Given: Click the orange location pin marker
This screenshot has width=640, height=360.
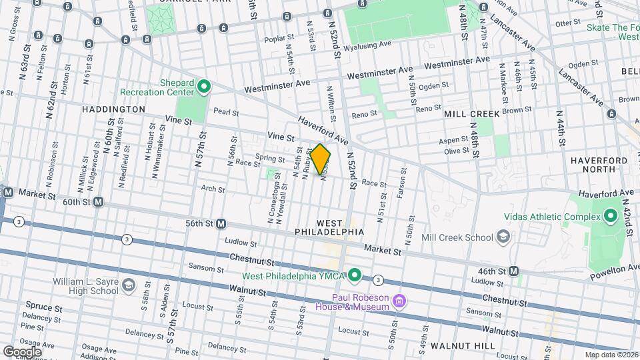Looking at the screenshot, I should click(x=321, y=159).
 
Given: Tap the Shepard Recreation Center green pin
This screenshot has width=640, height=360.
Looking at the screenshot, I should click(x=205, y=86).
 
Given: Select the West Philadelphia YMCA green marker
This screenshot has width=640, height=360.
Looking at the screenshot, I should click(x=355, y=274).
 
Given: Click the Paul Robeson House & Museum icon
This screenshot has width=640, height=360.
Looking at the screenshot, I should click(x=399, y=301).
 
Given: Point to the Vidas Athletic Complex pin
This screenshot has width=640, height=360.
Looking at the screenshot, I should click(x=610, y=215).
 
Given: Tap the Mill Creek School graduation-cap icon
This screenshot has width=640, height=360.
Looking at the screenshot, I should click(x=504, y=237).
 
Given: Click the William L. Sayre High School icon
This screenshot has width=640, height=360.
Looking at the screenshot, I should click(x=128, y=286).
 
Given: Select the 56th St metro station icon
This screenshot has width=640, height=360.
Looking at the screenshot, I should click(x=221, y=224).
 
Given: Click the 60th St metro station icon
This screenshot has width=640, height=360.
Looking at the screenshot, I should click(x=99, y=201).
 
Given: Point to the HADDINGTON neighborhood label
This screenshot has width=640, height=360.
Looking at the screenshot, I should click(x=113, y=109).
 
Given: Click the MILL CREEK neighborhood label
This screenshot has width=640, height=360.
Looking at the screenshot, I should click(x=472, y=114).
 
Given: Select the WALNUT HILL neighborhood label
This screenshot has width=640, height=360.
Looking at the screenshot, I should click(x=463, y=346).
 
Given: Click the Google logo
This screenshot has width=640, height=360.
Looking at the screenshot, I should click(x=22, y=351).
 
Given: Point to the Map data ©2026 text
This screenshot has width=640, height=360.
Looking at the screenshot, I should click(x=610, y=355).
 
